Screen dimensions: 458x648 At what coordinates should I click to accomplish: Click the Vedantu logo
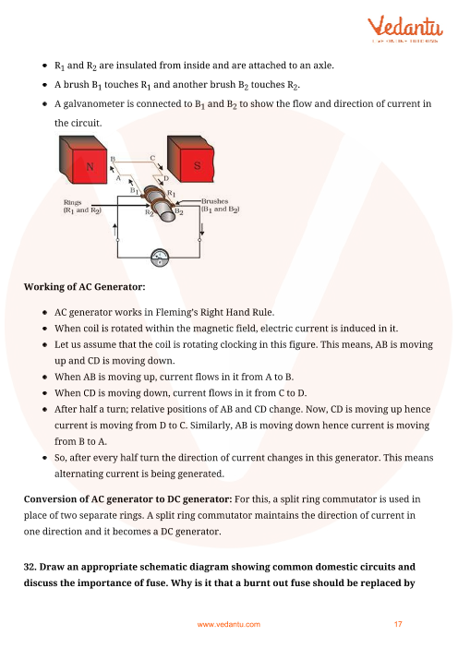(x=405, y=28)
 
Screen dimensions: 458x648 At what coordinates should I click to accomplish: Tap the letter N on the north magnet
(x=90, y=166)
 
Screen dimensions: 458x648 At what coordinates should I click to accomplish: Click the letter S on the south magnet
(x=198, y=166)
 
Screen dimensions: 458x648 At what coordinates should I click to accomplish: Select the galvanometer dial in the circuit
(x=160, y=258)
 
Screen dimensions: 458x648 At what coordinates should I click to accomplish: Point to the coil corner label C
(x=152, y=158)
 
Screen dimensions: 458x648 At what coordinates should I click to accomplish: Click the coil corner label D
(x=166, y=178)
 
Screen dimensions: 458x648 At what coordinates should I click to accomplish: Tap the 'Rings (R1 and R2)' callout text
(x=82, y=206)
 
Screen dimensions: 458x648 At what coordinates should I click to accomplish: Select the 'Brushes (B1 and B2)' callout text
(x=221, y=206)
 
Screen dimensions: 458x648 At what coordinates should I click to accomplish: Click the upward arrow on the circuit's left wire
(x=114, y=229)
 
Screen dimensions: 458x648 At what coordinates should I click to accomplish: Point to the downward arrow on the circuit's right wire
(x=201, y=229)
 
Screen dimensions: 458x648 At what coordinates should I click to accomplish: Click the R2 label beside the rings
(x=150, y=212)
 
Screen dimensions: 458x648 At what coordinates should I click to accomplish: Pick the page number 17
(x=398, y=624)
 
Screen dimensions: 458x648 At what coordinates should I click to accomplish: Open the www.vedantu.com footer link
(x=229, y=624)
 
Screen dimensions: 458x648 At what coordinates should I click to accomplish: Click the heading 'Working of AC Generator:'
(x=85, y=287)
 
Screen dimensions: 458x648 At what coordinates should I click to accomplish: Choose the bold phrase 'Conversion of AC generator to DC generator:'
(x=127, y=499)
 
